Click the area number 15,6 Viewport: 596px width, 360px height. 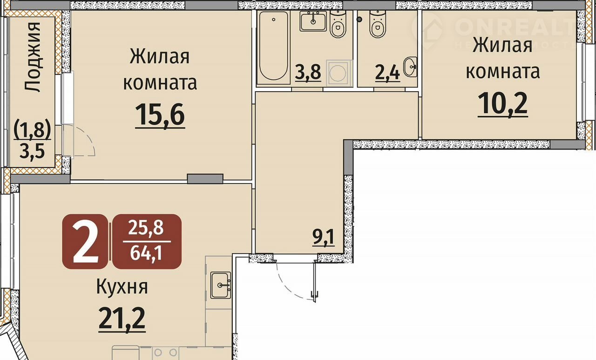(160, 115)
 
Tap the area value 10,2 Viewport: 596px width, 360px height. (502, 104)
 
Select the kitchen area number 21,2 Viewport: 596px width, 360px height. (122, 319)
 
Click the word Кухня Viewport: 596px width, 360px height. (122, 287)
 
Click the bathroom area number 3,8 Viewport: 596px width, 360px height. (308, 72)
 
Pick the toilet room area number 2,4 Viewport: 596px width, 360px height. (387, 72)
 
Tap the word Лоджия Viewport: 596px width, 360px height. (33, 57)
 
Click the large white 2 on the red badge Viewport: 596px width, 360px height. (86, 241)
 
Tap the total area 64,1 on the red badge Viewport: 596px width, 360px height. (146, 253)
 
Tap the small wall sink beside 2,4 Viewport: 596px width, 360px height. (410, 67)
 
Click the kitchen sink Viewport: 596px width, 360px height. (221, 285)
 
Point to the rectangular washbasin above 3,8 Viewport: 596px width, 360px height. (313, 21)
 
